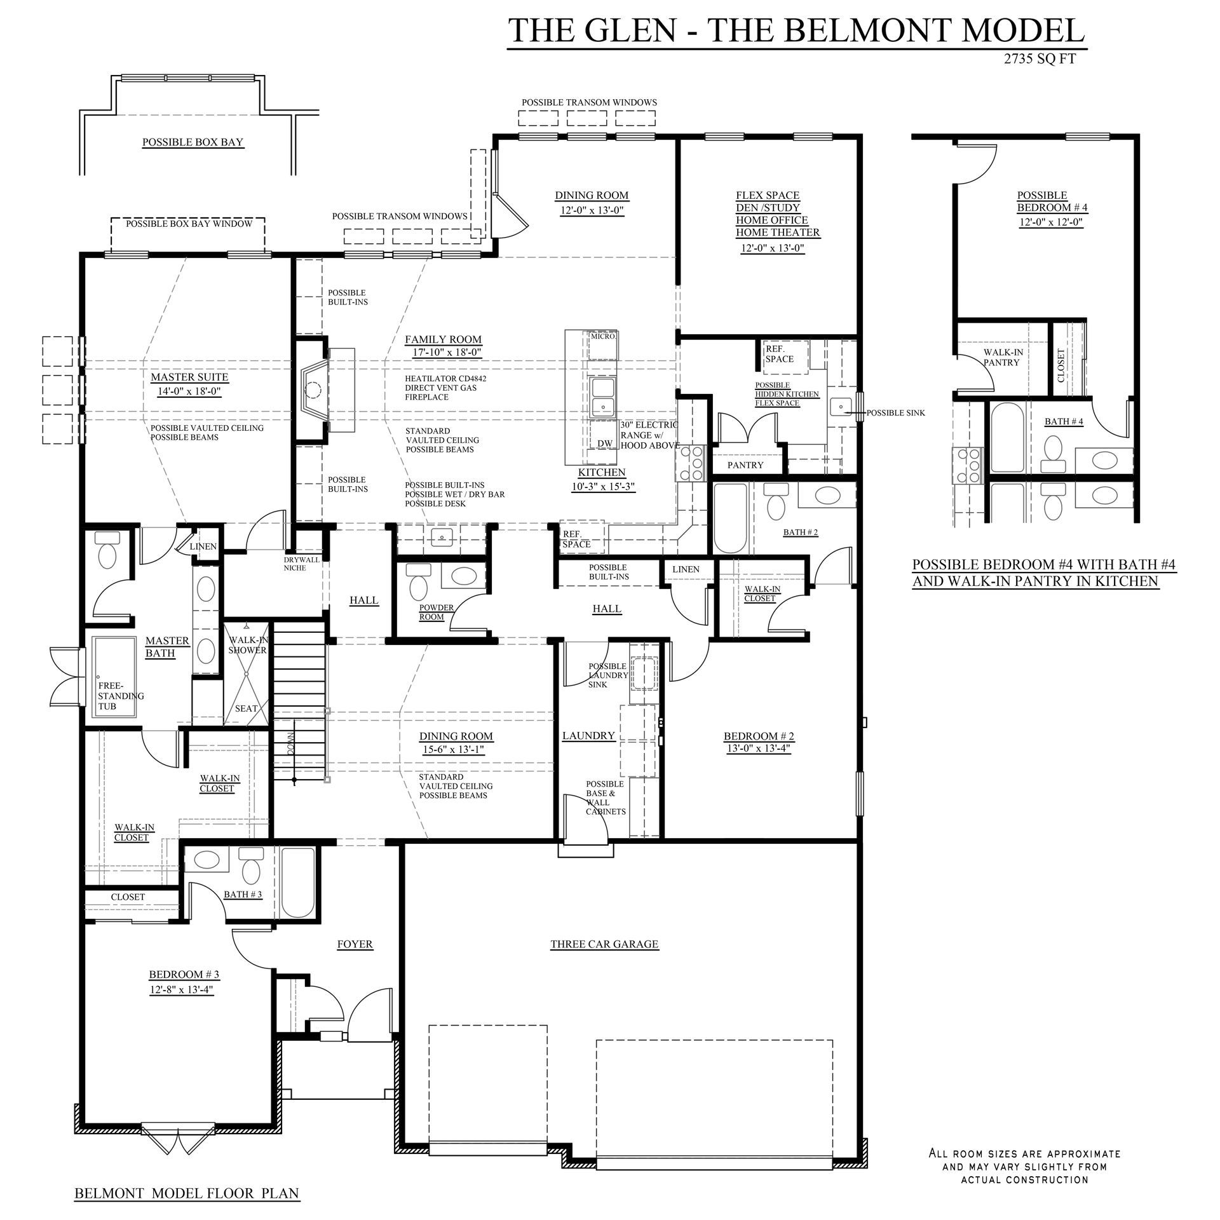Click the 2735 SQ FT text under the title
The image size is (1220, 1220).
(1040, 60)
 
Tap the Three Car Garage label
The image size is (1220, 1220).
(604, 944)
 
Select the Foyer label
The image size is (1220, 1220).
(355, 944)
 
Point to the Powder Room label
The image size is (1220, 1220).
(437, 612)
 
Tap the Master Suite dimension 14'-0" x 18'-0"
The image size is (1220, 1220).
(189, 392)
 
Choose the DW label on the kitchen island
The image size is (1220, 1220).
(604, 444)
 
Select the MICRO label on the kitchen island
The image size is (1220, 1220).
(602, 336)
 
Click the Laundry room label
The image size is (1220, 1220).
(588, 736)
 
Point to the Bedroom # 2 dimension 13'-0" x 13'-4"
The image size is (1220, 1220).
(759, 749)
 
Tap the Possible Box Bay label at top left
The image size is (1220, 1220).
(193, 142)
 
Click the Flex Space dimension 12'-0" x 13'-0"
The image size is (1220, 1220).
(773, 248)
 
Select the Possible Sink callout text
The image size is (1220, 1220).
(896, 413)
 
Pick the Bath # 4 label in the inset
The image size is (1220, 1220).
(1064, 423)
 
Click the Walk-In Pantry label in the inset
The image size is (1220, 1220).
(1003, 357)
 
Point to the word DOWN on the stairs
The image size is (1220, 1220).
(291, 742)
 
